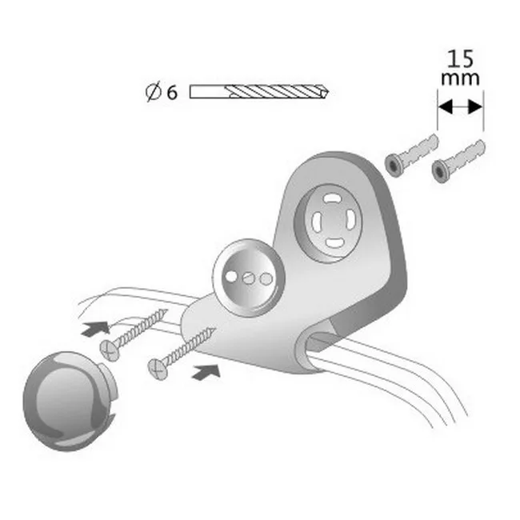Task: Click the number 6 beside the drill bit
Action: pos(171,93)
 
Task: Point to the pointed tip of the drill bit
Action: pos(327,92)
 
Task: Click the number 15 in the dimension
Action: pos(460,59)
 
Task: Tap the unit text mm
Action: pos(460,78)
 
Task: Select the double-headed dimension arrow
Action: pos(460,105)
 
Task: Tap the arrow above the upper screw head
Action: pos(94,326)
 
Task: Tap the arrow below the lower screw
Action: pos(207,370)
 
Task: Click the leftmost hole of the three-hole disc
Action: pos(233,275)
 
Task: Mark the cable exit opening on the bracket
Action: pos(320,341)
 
